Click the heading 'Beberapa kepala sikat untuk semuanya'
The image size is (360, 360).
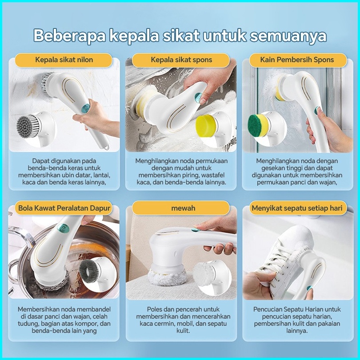pos(180,36)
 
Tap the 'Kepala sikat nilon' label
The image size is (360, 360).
pos(64,60)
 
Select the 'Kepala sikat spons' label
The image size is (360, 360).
pos(181,60)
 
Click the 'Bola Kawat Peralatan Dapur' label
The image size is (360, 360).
pos(64,208)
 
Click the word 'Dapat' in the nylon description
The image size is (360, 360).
pos(40,161)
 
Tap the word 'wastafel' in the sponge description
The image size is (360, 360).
pos(213,175)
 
